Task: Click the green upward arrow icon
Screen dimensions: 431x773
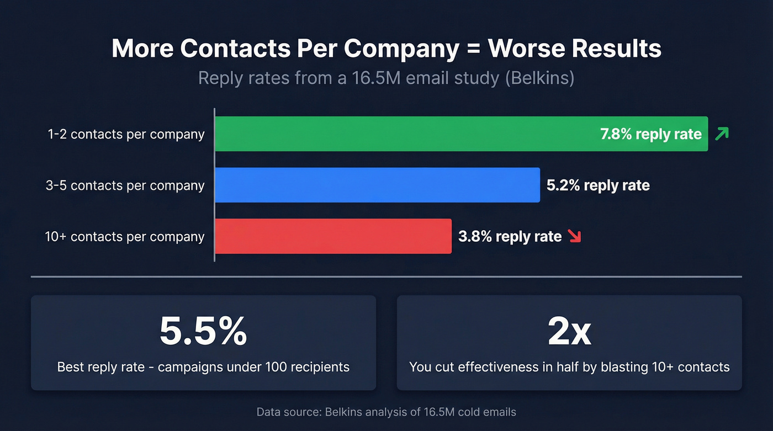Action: point(721,134)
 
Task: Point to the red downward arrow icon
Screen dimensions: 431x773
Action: point(575,236)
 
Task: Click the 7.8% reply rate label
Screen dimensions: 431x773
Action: point(650,134)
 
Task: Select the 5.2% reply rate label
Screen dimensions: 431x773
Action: point(598,185)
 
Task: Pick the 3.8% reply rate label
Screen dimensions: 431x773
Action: point(510,236)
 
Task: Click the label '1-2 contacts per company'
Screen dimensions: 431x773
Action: point(126,134)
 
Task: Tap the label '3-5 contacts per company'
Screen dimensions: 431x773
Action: point(125,185)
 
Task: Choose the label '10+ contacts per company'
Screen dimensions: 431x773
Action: point(125,237)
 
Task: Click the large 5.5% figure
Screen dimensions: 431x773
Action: point(203,331)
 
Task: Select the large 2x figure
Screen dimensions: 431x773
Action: point(569,331)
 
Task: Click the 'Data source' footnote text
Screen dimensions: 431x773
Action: point(386,412)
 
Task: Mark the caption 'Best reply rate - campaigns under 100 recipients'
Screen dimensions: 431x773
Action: point(203,366)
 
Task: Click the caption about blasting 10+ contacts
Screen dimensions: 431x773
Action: point(569,366)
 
